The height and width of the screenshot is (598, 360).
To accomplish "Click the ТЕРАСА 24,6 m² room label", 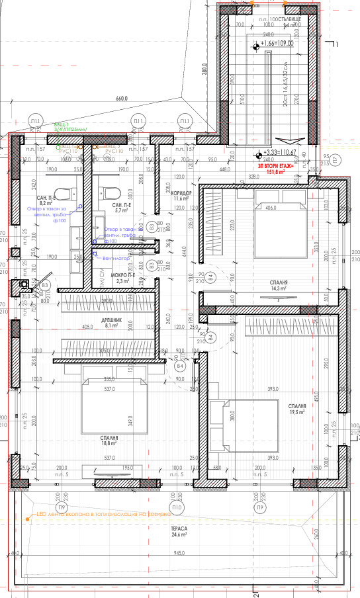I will click(179, 531).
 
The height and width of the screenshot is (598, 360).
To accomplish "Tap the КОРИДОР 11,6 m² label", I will click(182, 195).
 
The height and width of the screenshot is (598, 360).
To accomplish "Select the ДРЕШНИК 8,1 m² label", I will click(109, 323).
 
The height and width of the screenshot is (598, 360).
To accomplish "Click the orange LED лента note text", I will click(99, 513).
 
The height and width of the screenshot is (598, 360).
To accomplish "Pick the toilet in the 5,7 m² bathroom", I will click(112, 193).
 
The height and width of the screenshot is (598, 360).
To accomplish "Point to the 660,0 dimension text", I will click(120, 100).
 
